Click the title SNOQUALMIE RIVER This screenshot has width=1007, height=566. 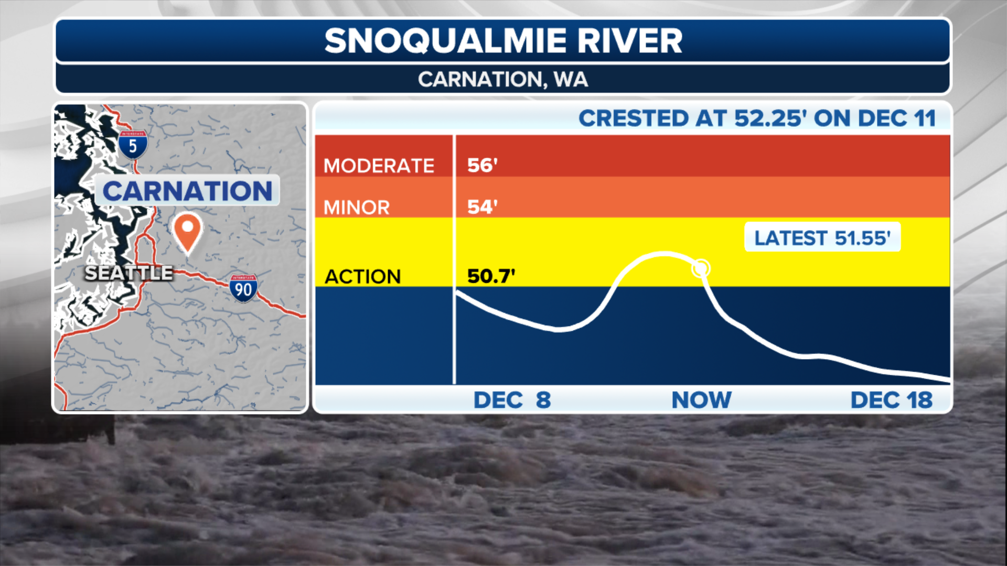click(x=503, y=41)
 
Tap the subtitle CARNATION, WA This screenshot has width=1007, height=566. click(x=503, y=80)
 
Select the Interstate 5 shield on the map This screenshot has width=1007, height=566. click(x=133, y=145)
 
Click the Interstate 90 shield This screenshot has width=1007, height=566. click(x=243, y=288)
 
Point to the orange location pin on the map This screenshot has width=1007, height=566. click(x=187, y=231)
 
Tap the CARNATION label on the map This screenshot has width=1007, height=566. click(x=187, y=191)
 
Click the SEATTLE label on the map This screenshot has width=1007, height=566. click(x=128, y=273)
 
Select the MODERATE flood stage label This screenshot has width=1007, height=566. click(x=379, y=166)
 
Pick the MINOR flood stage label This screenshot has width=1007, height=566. click(x=357, y=208)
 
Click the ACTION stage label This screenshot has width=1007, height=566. click(x=362, y=277)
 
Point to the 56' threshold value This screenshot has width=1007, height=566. click(x=482, y=166)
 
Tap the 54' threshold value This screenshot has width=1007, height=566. click(x=482, y=207)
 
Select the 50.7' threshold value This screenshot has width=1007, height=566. click(x=491, y=276)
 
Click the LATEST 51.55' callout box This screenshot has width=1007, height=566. click(x=822, y=238)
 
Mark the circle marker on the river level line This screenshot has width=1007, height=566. click(x=701, y=268)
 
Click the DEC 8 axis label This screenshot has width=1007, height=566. click(x=512, y=400)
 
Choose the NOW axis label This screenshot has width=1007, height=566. click(x=701, y=400)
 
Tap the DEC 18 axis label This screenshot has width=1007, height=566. click(x=891, y=400)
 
